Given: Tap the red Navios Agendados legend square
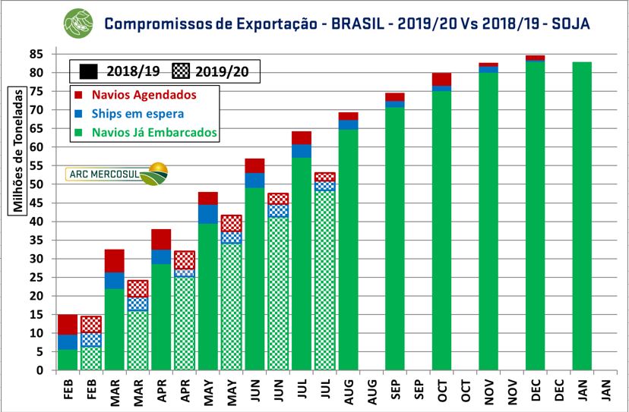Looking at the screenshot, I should point(79,96).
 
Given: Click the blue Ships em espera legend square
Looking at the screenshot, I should point(79,114).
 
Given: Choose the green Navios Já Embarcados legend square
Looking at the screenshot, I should point(79,133).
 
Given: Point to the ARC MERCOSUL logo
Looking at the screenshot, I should point(117,174).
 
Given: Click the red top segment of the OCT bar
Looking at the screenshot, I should point(441,79).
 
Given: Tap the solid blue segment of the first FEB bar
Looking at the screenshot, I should point(68,341).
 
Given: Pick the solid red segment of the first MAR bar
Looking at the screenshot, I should point(114,260).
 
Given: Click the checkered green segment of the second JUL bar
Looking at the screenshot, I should point(324,281).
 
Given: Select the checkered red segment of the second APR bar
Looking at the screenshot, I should point(184,259).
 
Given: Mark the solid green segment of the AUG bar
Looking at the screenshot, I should point(348,250).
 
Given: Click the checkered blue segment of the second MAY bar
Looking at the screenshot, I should point(231,237).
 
